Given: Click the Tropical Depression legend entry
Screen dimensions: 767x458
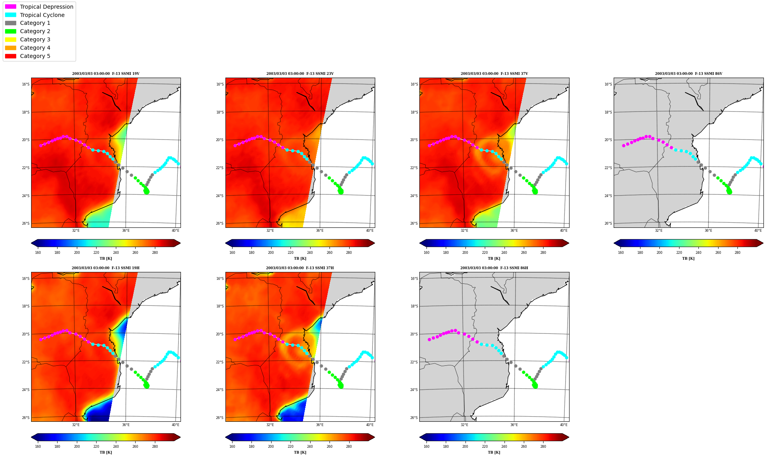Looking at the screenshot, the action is coord(39,7).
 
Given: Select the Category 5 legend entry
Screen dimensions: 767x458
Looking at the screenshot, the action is coord(28,56).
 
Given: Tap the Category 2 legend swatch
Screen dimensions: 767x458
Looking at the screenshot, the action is coord(11,31).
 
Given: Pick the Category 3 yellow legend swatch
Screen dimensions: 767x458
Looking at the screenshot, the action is coord(11,39).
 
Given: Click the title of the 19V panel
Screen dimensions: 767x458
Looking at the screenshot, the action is coord(106,74).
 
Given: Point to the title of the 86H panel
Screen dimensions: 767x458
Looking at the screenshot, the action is coord(494,268).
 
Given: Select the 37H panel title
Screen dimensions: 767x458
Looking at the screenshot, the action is coord(300,268).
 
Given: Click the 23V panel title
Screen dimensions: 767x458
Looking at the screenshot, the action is coord(300,74).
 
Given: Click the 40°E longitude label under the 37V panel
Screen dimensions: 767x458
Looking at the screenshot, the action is coord(564,231).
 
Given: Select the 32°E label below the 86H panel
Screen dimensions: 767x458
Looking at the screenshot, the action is coord(464,425).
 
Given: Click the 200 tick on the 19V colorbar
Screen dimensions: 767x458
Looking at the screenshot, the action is coord(77,253).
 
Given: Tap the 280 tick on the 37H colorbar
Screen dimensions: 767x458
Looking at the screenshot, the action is coord(349,447).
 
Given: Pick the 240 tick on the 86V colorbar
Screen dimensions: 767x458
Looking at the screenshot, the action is coord(698,253).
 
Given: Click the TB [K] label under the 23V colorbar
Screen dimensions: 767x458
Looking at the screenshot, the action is coord(300,259).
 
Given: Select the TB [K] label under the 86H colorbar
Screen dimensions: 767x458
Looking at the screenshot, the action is coord(494,452).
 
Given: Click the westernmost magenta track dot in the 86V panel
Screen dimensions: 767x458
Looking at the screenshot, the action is coord(624,145).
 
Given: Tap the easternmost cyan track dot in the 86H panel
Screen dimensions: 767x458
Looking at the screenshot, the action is coord(567,357).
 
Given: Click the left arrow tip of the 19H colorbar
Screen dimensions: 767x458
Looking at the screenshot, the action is coord(31,437).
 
